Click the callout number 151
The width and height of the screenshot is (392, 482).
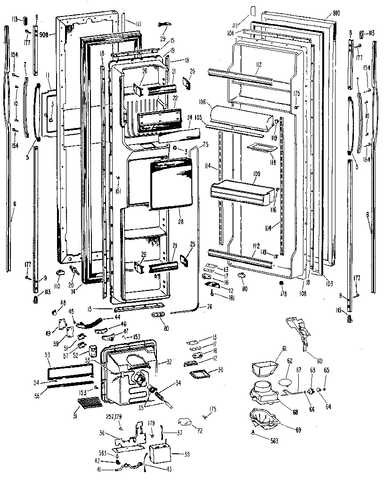118,191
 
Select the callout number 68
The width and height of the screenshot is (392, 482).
295,413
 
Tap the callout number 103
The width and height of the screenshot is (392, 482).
329,284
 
